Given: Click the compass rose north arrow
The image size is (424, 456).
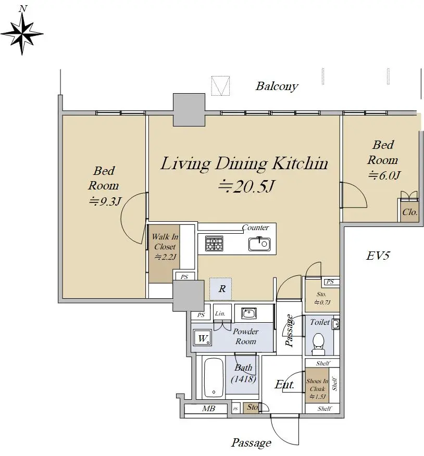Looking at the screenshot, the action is (22, 33).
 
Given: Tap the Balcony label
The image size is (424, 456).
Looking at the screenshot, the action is (277, 86).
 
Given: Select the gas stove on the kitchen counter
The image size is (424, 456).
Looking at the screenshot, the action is (214, 244).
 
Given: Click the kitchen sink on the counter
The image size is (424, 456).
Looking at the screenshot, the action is (259, 244).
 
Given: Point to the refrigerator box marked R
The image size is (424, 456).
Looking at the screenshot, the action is (220, 289).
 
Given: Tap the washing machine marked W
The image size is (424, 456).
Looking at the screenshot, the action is (202, 338).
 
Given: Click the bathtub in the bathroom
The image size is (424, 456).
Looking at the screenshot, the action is (214, 377).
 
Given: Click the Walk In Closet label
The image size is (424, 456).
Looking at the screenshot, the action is (165, 242).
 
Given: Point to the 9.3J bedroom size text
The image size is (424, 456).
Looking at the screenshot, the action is (105, 201).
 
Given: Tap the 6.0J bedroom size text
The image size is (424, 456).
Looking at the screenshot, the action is (384, 175).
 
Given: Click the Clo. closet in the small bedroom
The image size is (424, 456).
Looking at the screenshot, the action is (410, 212).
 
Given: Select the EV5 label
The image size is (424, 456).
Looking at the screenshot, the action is (378, 256).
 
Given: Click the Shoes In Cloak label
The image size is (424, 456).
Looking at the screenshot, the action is (317, 385).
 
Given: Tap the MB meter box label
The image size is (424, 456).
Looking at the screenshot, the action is (209, 409).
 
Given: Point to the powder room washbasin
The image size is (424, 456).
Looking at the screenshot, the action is (249, 313).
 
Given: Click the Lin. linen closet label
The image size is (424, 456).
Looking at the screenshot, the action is (220, 313).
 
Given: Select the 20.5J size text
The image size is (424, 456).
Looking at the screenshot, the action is (246, 186).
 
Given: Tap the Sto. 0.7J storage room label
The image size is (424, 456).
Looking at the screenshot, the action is (322, 298).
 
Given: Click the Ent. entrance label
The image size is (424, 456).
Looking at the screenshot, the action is (284, 385).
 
